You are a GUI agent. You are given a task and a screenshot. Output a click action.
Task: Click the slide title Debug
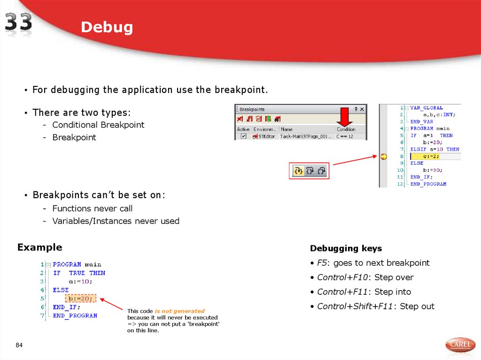pos(107,27)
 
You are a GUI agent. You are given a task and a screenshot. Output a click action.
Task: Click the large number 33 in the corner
pos(19,22)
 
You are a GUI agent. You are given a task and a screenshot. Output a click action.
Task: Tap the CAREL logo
pos(460,345)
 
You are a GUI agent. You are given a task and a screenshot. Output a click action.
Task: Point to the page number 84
pos(19,345)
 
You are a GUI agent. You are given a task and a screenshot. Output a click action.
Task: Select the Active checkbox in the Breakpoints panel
pos(243,137)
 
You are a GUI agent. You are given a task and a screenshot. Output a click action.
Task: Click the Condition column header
pos(346,129)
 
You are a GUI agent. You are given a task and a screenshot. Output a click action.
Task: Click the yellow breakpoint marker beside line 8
pos(383,156)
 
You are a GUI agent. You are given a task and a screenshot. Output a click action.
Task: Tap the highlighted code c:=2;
pos(431,156)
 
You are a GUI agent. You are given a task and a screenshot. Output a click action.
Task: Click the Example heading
pos(39,247)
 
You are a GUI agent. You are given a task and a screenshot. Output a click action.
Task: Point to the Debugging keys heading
pos(346,248)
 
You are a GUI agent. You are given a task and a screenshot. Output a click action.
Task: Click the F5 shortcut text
pos(322,263)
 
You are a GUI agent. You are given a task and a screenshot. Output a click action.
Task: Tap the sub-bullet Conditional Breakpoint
pos(98,125)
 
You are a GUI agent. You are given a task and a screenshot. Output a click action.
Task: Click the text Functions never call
pos(93,208)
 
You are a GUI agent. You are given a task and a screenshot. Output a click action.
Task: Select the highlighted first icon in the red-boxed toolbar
pos(298,171)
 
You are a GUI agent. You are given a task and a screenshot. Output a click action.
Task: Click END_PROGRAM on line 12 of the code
pos(428,184)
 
